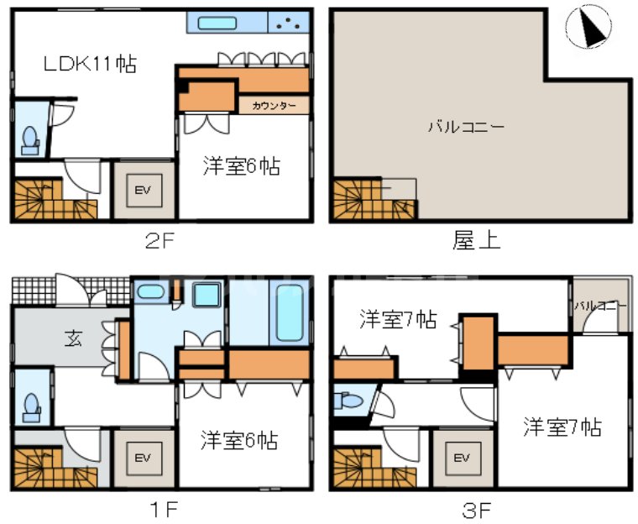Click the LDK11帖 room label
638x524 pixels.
(x=92, y=63)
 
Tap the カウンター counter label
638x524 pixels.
(x=274, y=105)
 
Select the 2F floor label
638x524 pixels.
(x=159, y=242)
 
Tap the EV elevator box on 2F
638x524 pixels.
(x=143, y=191)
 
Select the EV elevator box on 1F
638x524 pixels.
(x=143, y=458)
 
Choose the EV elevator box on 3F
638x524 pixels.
(x=461, y=458)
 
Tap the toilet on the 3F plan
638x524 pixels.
(x=348, y=401)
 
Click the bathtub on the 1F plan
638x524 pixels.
(x=289, y=312)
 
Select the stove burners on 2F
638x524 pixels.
(x=289, y=23)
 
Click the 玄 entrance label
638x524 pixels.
(x=73, y=341)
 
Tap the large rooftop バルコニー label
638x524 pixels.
(x=466, y=128)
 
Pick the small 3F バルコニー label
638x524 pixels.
(x=600, y=305)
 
